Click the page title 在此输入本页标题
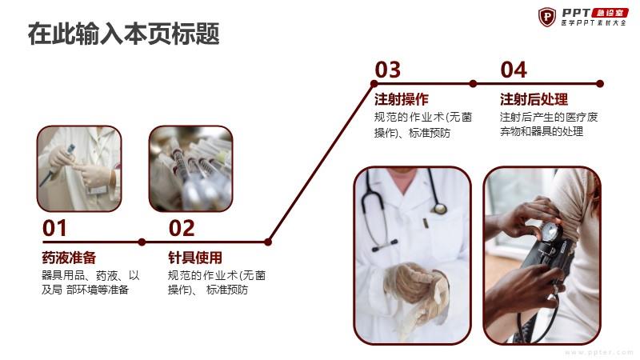tap(124, 34)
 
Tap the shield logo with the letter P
tap(547, 17)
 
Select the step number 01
tap(54, 228)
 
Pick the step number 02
tap(182, 228)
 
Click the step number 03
tap(388, 70)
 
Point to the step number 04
tap(514, 70)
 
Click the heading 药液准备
tap(69, 258)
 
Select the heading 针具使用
tap(195, 258)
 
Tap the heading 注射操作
tap(402, 99)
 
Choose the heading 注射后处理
tap(534, 99)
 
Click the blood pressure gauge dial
tap(550, 231)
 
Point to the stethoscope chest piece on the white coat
tap(440, 209)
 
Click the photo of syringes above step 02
tap(190, 169)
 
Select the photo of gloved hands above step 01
tap(79, 169)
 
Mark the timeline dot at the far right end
tap(599, 84)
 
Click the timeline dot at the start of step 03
tap(374, 84)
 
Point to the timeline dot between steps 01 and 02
tap(142, 242)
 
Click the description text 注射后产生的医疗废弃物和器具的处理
tap(549, 124)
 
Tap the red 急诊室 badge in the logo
tap(610, 13)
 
